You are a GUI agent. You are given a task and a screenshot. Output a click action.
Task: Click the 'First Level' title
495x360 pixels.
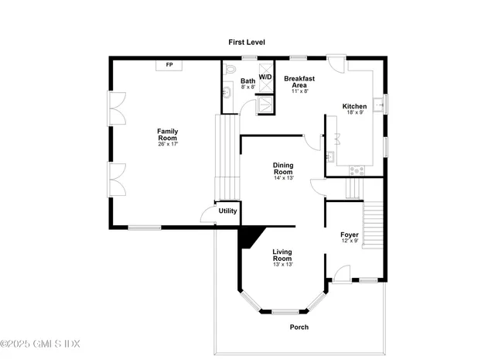pyautogui.click(x=247, y=41)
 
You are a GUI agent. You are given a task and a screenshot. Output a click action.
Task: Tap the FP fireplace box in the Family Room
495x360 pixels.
pyautogui.click(x=169, y=65)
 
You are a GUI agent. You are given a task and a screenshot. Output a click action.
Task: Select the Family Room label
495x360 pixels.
pyautogui.click(x=168, y=134)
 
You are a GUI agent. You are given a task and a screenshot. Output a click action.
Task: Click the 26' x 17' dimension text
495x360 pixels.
pyautogui.click(x=168, y=144)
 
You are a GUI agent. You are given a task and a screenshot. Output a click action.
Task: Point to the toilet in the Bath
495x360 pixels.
pyautogui.click(x=230, y=70)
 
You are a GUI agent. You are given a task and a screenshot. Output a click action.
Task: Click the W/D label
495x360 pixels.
pyautogui.click(x=265, y=77)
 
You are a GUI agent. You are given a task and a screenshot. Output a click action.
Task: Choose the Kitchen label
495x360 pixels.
pyautogui.click(x=355, y=106)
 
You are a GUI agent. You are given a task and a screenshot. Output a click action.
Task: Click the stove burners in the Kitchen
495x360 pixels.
pyautogui.click(x=357, y=170)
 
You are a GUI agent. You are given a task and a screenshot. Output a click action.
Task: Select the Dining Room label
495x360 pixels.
pyautogui.click(x=283, y=168)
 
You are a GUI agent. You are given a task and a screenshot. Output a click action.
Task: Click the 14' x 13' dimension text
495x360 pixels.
pyautogui.click(x=283, y=178)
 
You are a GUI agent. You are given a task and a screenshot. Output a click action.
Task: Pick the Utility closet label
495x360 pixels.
pyautogui.click(x=227, y=211)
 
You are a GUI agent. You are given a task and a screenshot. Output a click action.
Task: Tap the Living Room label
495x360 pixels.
pyautogui.click(x=282, y=255)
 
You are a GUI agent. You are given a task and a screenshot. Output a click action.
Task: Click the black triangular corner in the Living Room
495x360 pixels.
pyautogui.click(x=250, y=237)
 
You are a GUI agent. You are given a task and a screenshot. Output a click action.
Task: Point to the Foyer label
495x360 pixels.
pyautogui.click(x=350, y=234)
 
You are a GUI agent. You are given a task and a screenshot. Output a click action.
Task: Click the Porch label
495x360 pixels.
pyautogui.click(x=299, y=327)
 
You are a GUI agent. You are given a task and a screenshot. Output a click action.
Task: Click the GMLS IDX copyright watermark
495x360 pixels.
pyautogui.click(x=40, y=344)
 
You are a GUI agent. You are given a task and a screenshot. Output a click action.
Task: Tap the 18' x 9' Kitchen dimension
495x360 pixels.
pyautogui.click(x=355, y=113)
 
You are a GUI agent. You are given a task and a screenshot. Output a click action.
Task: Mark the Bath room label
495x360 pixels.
pyautogui.click(x=247, y=81)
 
